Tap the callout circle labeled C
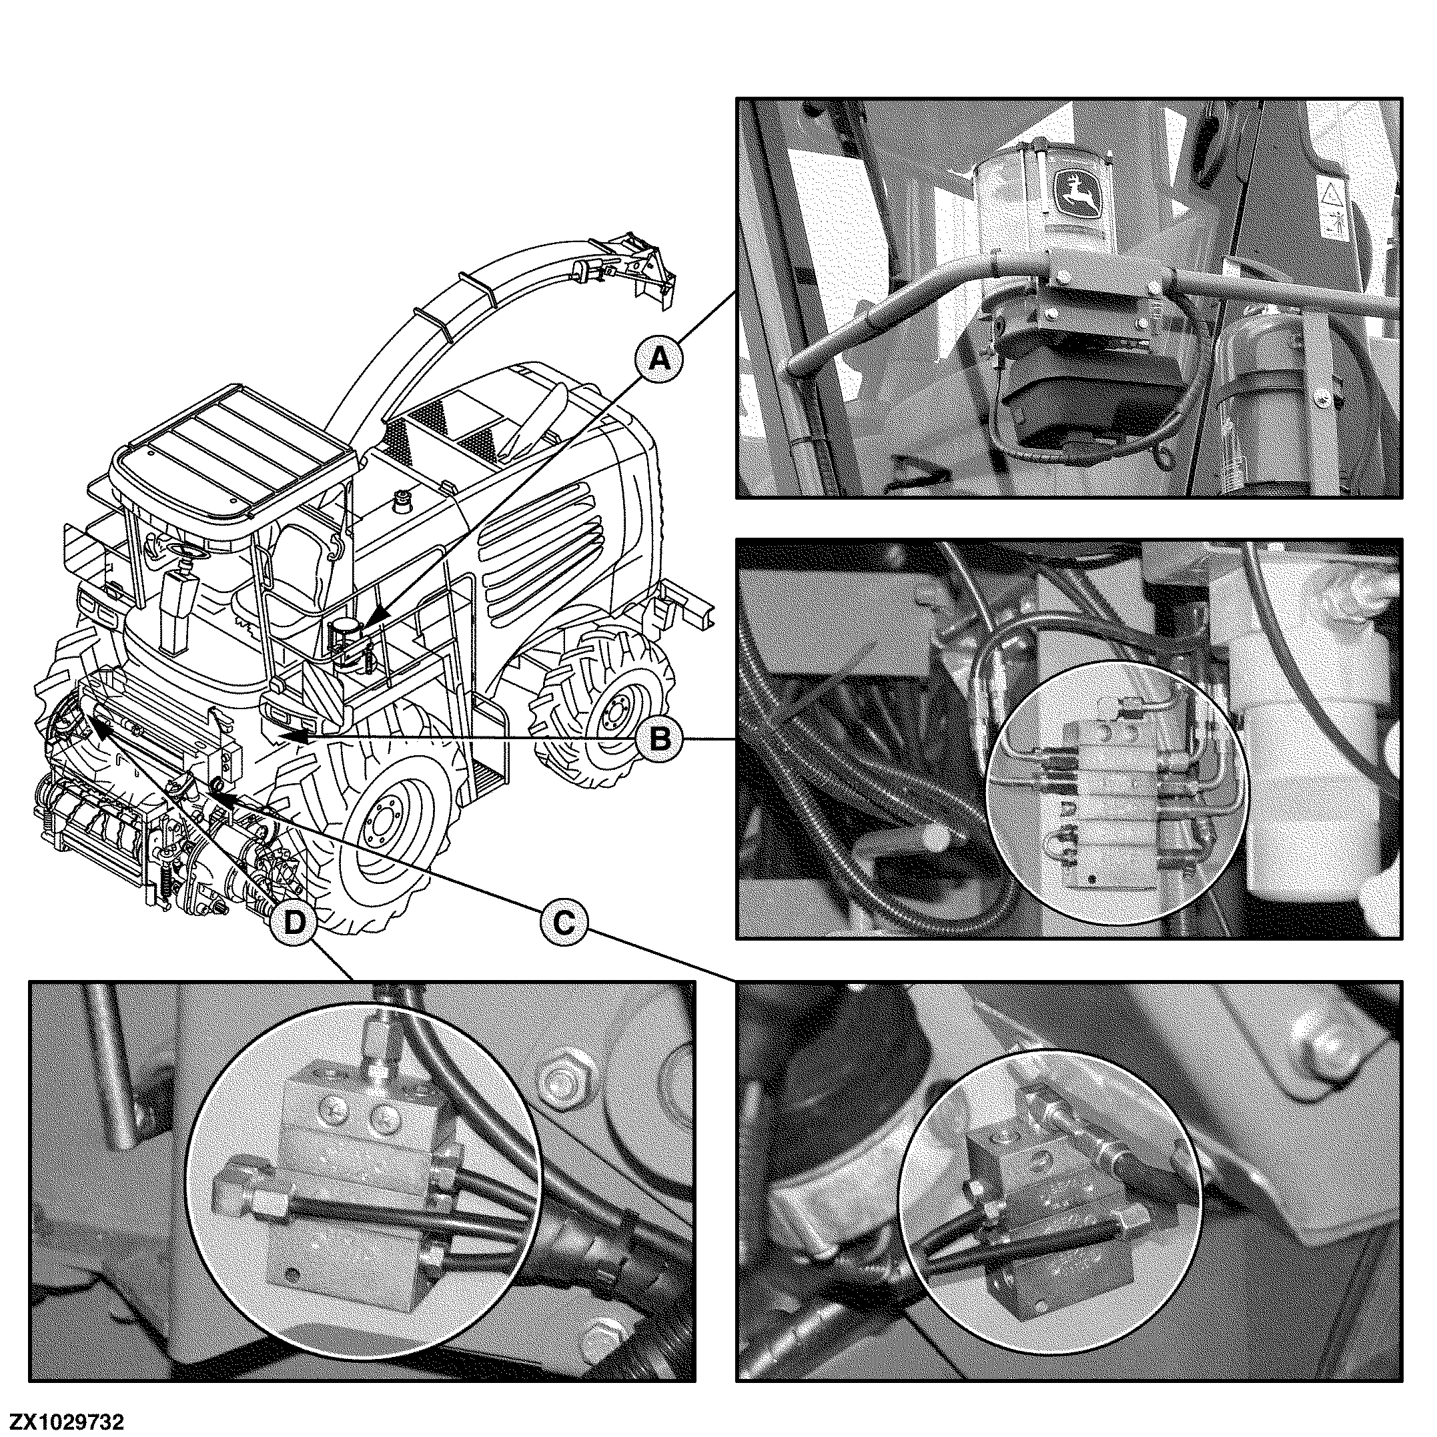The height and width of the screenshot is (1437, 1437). (x=563, y=924)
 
